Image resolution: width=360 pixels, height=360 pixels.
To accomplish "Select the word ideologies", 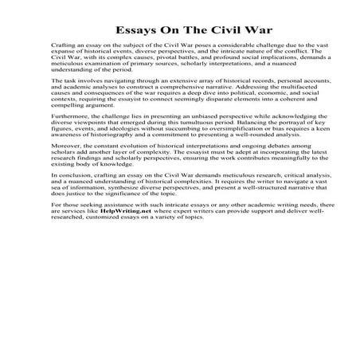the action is [x=116, y=131].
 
